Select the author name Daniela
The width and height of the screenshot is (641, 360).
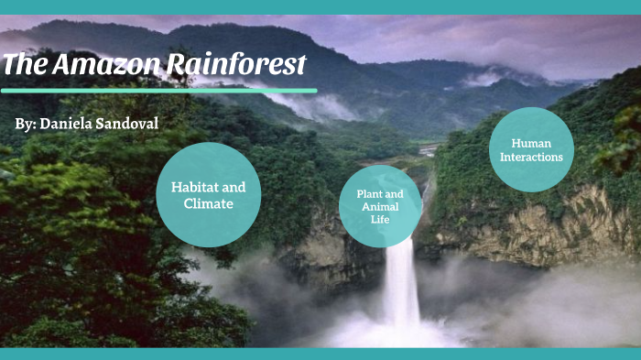[x=74, y=123]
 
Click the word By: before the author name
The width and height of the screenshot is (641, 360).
[x=26, y=123]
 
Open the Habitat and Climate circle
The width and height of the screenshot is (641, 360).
[x=208, y=195]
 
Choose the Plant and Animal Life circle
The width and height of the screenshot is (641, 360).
[x=380, y=207]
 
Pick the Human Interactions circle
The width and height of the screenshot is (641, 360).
[x=531, y=150]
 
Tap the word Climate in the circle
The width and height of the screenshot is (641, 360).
[x=209, y=203]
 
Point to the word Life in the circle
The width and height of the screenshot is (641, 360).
[x=380, y=219]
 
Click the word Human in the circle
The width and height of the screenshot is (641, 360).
[x=531, y=143]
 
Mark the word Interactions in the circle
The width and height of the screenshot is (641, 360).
[x=531, y=157]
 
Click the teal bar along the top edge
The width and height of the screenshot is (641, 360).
[x=320, y=6]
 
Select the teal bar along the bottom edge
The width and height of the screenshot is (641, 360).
[x=320, y=354]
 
